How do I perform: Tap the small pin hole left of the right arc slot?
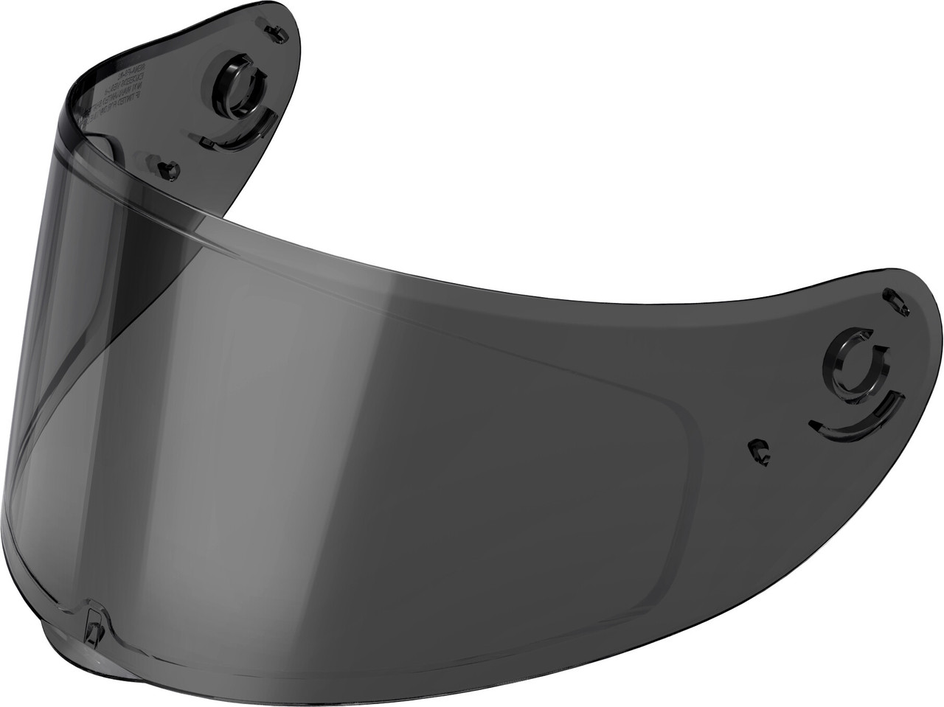coord(757,449)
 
